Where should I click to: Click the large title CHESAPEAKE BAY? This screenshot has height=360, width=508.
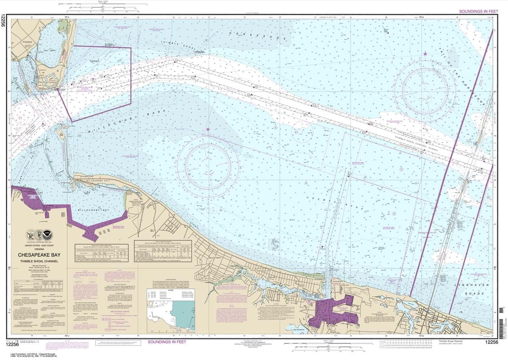click(x=39, y=255)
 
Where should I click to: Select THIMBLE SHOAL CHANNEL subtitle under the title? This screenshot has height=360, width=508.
click(x=39, y=261)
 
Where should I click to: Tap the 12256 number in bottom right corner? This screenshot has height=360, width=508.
click(x=491, y=342)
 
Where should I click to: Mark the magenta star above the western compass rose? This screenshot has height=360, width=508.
click(x=208, y=129)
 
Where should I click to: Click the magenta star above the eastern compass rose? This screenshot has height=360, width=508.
click(x=425, y=54)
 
